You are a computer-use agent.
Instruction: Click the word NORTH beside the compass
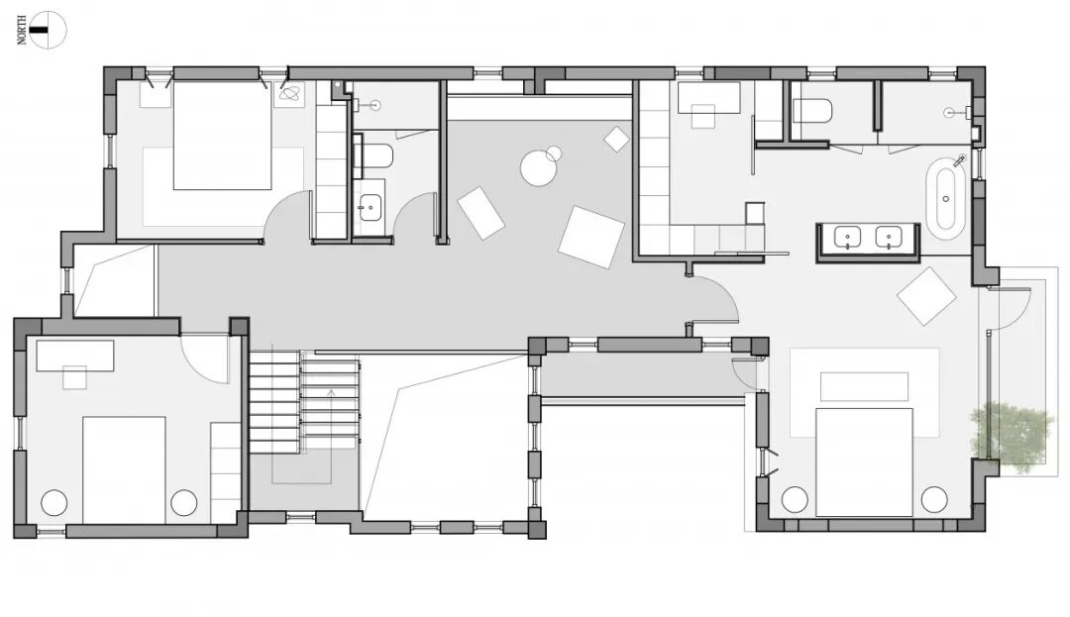pos(22,31)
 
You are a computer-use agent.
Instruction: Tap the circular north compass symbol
pos(49,30)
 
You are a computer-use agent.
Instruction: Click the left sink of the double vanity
pos(847,238)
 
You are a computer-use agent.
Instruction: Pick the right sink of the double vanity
pos(889,238)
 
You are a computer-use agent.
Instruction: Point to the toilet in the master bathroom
pos(812,111)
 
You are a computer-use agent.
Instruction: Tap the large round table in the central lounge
pos(538,167)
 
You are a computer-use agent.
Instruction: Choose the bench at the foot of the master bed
pos(864,386)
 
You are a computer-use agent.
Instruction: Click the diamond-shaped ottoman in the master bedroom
pos(926,296)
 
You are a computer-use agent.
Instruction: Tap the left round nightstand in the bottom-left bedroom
pos(53,503)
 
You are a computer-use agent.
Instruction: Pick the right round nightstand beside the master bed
pos(934,500)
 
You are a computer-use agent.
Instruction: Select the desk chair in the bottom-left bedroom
pos(75,377)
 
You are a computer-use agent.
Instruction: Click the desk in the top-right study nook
pos(708,97)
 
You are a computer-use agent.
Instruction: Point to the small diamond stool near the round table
pos(617,139)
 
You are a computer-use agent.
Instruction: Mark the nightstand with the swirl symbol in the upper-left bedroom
pos(290,93)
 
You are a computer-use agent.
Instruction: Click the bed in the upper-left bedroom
pos(223,135)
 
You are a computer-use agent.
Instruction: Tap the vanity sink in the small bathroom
pos(371,205)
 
